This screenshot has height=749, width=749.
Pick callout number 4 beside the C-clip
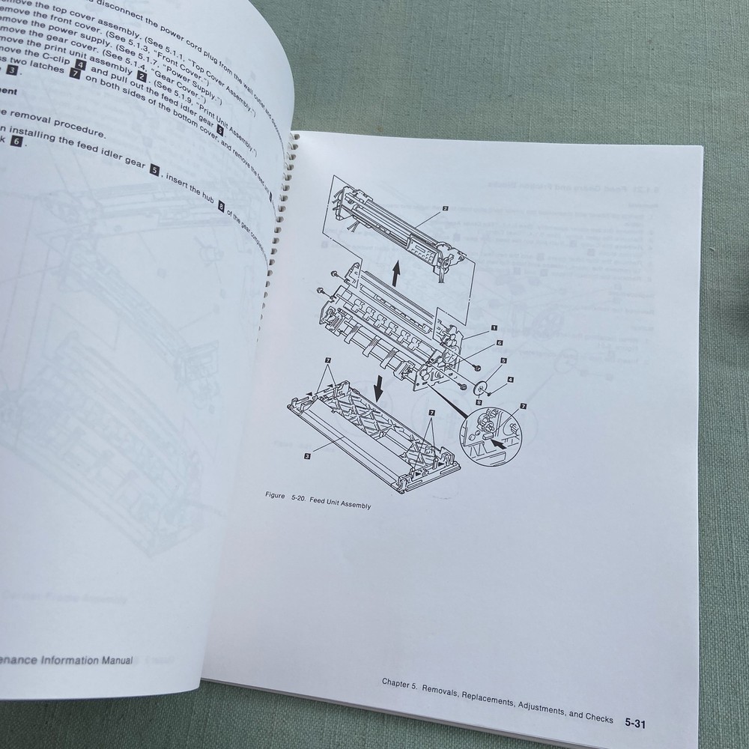[x=510, y=380]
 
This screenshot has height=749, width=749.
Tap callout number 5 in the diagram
[x=503, y=360]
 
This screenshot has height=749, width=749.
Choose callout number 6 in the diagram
[x=498, y=342]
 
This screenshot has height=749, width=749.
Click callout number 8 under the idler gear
[x=479, y=403]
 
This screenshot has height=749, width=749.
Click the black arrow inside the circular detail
[x=495, y=443]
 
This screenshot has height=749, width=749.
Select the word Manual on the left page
[x=114, y=660]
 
